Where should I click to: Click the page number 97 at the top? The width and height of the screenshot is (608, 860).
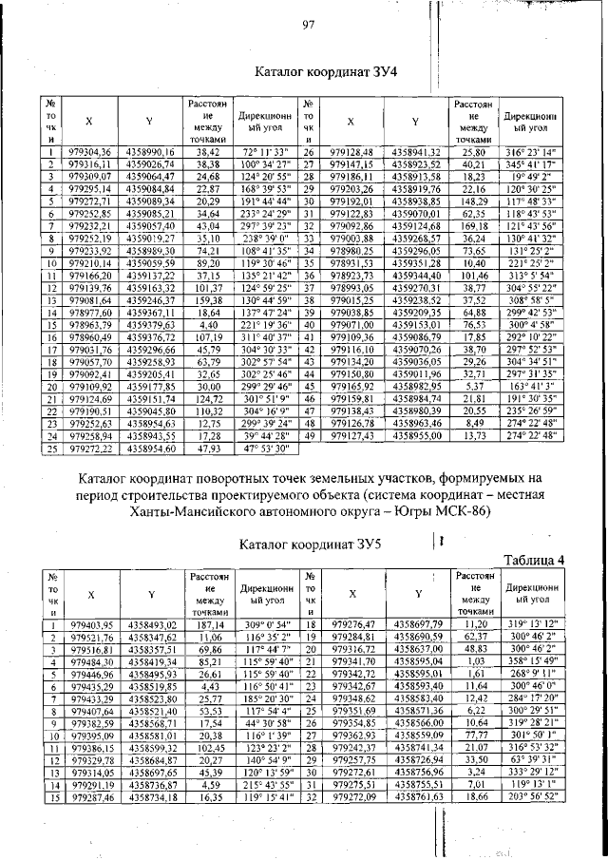point(309,25)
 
